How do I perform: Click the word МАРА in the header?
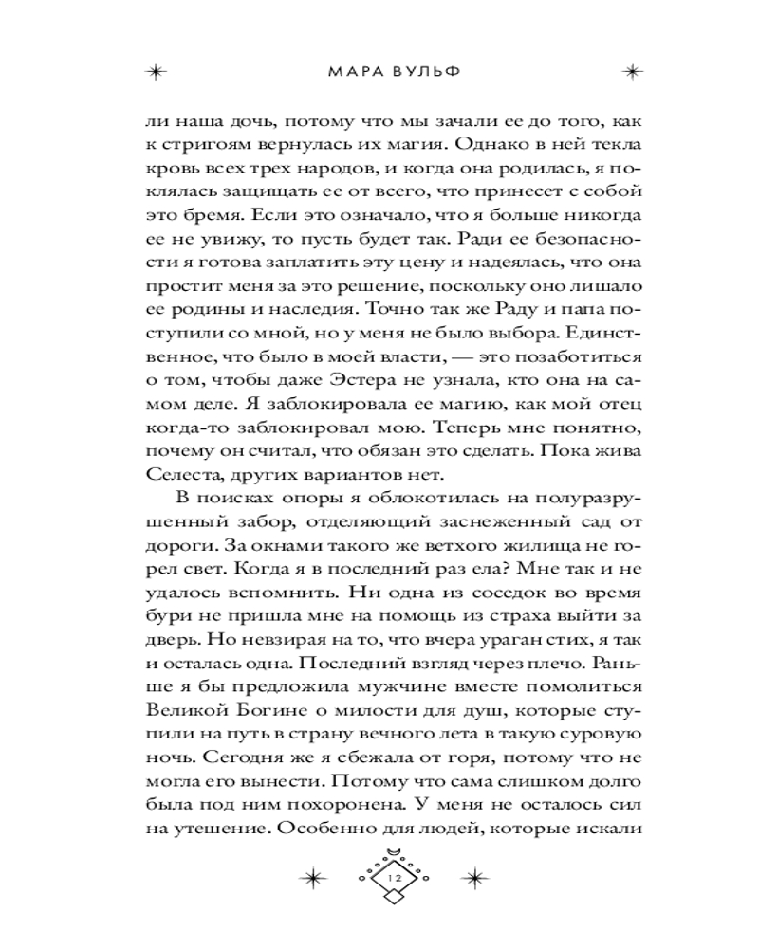(347, 72)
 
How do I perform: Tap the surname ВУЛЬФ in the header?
(414, 72)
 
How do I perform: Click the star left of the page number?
(312, 879)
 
